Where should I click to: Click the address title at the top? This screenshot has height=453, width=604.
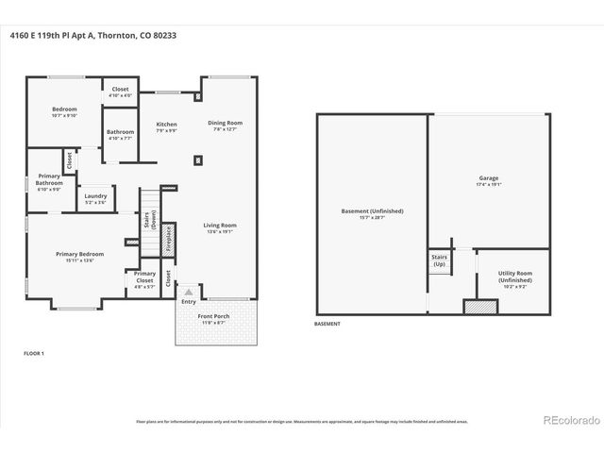[x=92, y=35]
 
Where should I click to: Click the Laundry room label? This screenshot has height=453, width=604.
[x=95, y=199]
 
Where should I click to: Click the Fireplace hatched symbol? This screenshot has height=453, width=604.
[x=169, y=240]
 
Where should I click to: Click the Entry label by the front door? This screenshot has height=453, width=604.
[x=189, y=301]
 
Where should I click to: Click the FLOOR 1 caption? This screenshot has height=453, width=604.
[x=34, y=353]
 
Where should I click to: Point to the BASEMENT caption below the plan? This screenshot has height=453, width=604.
[x=327, y=324]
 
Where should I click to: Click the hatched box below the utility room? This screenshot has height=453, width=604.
[x=479, y=307]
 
